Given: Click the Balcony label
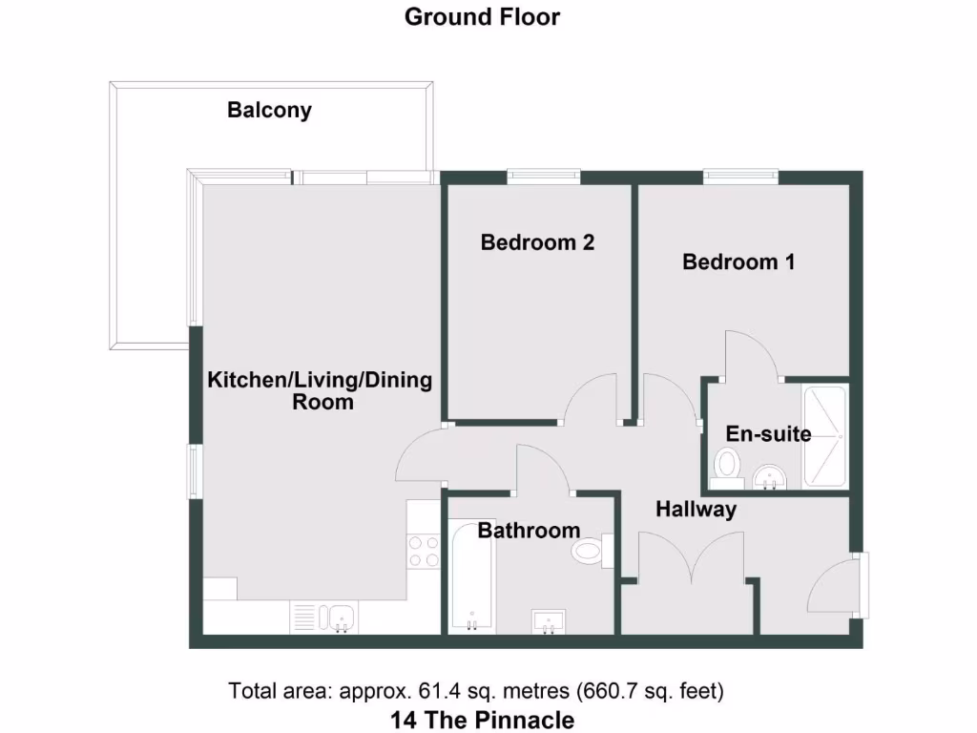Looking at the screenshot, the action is point(269,111).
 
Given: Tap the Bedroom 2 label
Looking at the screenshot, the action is point(537,241).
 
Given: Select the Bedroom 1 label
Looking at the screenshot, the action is point(738,262).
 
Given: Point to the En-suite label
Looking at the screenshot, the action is point(768,434).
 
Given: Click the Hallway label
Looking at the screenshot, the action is point(696,510).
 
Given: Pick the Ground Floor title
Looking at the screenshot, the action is point(482,17).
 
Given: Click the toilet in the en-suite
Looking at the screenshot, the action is point(726,469).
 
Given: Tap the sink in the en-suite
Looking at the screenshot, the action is point(770,478).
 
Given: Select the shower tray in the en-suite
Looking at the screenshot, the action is point(825,437).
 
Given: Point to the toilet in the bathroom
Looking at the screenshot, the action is point(592,552).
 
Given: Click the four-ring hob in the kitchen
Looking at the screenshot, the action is point(424,551).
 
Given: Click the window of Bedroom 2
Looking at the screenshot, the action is point(543,177).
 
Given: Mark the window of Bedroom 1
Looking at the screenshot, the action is point(740,177).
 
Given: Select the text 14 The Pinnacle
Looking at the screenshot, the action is point(482,720).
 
